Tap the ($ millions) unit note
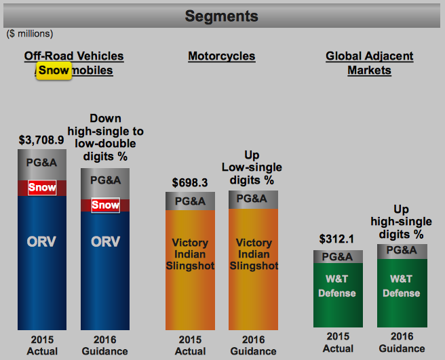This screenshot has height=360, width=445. [x=30, y=33]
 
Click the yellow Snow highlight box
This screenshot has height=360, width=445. [x=54, y=70]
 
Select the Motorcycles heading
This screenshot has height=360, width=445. [x=222, y=56]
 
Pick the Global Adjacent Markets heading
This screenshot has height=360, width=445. [x=370, y=63]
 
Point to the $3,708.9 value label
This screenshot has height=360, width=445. [x=41, y=141]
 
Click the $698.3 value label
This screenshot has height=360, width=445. [x=190, y=183]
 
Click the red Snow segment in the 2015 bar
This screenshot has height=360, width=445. [x=42, y=188]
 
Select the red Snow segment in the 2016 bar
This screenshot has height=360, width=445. [x=105, y=205]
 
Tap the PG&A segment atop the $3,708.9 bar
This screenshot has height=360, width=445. [x=42, y=163]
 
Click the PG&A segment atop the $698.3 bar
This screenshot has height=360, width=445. [x=190, y=201]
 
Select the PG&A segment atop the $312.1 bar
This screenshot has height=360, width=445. [x=338, y=257]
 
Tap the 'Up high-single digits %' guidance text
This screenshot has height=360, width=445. [x=402, y=222]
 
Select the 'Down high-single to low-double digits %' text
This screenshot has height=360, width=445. [x=105, y=138]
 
